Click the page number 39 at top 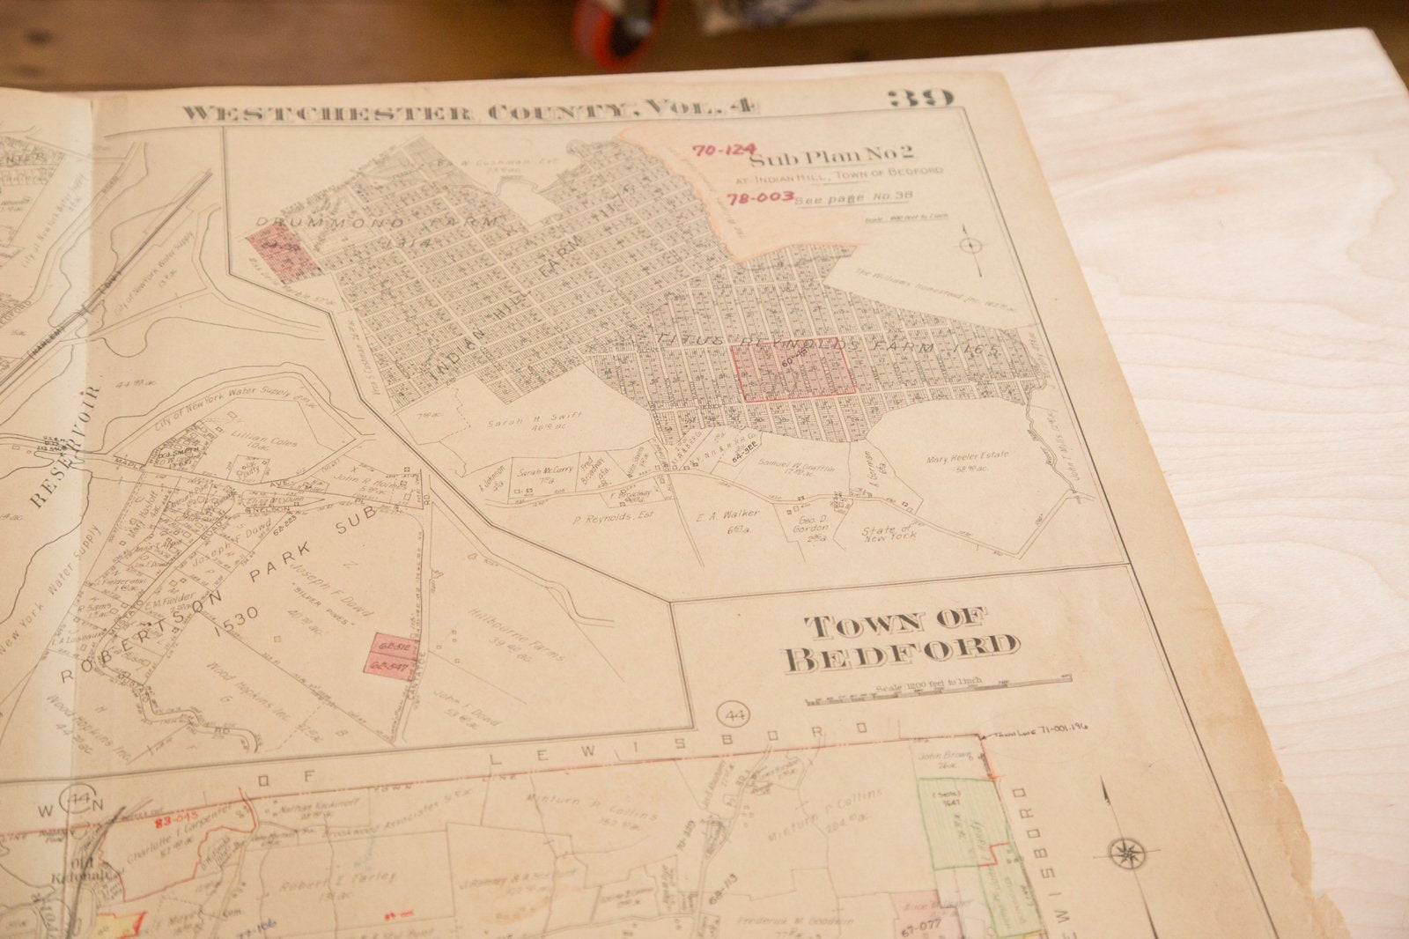(918, 98)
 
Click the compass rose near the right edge (1122, 853)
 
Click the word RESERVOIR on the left (63, 447)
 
